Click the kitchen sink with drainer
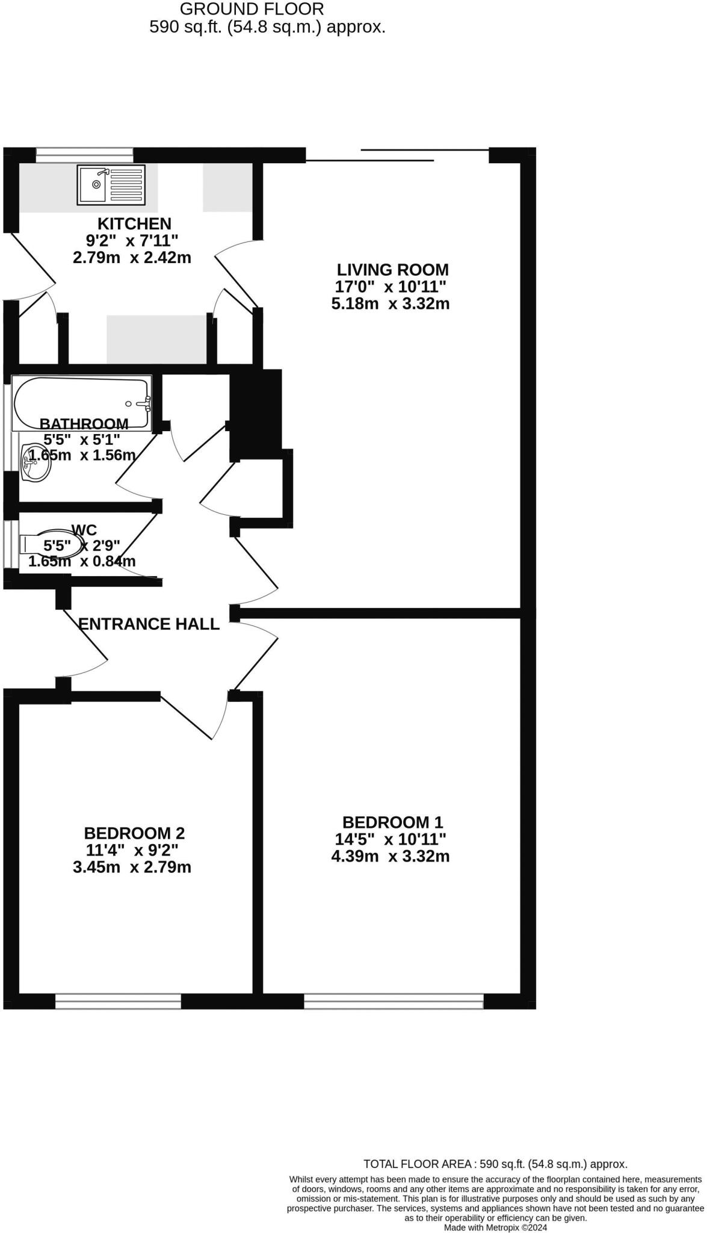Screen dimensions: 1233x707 point(111,184)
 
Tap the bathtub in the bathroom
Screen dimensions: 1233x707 point(82,403)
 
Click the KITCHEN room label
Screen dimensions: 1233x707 point(134,224)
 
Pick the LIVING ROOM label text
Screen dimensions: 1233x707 point(392,270)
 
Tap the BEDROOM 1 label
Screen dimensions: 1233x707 point(392,822)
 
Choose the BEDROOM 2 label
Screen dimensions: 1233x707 point(134,833)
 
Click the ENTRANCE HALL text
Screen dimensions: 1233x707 point(149,624)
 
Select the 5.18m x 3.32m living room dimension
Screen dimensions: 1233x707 point(391,303)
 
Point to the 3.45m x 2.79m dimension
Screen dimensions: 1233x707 point(132,868)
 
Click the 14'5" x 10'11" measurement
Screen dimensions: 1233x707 point(391,839)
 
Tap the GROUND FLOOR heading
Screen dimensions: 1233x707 point(252,9)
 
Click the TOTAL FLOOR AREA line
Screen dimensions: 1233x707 point(495,1164)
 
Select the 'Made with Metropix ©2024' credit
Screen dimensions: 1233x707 point(495,1227)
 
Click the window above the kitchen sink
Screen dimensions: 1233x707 point(84,155)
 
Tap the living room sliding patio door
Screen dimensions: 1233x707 point(397,155)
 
